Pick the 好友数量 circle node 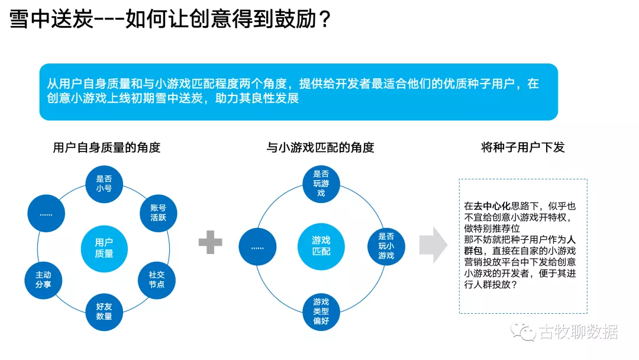tap(104, 311)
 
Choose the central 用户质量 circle tap(104, 247)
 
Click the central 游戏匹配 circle tap(321, 246)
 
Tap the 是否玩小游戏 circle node tap(386, 246)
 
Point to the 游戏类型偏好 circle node tap(321, 311)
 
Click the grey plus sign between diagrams tap(210, 242)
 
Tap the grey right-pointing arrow tap(433, 245)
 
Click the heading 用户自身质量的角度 tap(106, 147)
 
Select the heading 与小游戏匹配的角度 tap(320, 147)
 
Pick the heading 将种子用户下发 tap(523, 147)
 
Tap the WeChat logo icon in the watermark tap(524, 332)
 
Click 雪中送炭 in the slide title tap(51, 20)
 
